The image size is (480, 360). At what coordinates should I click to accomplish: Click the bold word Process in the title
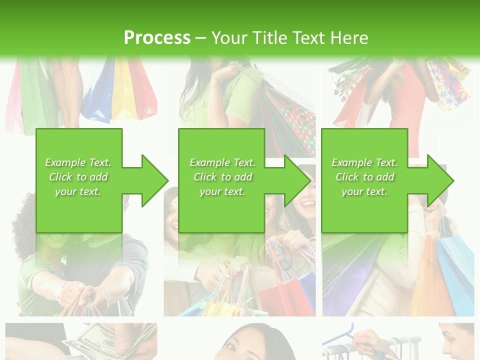click(157, 38)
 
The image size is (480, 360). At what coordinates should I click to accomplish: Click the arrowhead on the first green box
click(154, 180)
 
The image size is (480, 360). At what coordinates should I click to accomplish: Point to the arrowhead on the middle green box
click(297, 180)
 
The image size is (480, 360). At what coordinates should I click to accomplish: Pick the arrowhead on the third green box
click(439, 180)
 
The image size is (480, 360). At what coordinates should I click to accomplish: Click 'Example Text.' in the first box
click(78, 162)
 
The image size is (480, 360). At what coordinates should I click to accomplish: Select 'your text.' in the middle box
click(222, 191)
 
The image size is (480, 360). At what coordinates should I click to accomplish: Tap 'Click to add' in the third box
click(365, 177)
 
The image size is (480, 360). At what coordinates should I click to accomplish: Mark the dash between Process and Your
click(201, 38)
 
